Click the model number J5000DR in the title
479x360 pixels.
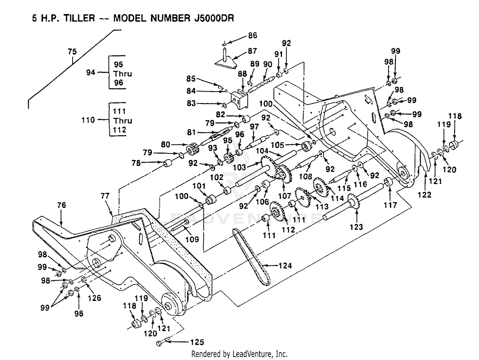(214, 18)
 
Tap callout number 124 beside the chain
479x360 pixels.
(285, 266)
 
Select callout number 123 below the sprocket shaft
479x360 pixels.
(356, 227)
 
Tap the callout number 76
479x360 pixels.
(61, 205)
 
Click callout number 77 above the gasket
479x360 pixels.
(105, 196)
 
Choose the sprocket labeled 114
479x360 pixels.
(321, 187)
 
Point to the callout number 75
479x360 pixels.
(72, 52)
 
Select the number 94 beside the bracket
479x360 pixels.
(91, 72)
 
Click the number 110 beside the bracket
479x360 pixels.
(88, 120)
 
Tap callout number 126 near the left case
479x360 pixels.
(95, 298)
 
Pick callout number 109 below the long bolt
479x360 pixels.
(192, 239)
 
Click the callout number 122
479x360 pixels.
(424, 194)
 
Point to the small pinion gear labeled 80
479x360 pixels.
(193, 149)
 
